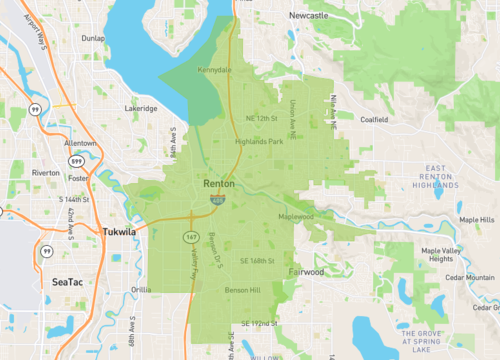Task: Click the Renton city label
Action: tap(219, 185)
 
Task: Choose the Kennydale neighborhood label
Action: tap(214, 71)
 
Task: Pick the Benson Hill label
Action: tap(242, 290)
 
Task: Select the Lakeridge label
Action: tap(139, 107)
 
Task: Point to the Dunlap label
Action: tap(95, 38)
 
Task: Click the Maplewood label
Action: tap(295, 217)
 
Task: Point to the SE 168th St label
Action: tap(258, 261)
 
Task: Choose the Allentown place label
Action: tap(81, 143)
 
